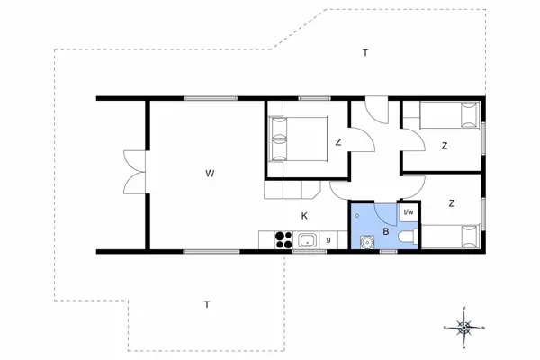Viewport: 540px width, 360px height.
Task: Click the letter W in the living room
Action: point(209,172)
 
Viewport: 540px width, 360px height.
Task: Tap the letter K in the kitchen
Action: point(304,216)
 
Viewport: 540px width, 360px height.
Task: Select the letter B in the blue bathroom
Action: point(385,231)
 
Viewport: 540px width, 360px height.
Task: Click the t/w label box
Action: point(408,212)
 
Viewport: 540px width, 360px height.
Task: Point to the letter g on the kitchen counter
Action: point(329,239)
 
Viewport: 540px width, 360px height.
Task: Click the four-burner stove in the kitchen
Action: point(283,240)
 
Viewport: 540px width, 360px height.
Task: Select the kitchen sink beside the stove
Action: point(307,240)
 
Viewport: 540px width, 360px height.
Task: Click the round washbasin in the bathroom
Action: point(366,242)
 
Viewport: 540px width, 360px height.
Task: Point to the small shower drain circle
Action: point(357,217)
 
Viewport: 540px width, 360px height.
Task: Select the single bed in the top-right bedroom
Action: point(442,116)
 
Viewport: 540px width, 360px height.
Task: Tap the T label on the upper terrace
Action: point(364,53)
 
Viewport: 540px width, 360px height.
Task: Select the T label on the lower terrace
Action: point(206,304)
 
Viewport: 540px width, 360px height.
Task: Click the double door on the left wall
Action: point(131,172)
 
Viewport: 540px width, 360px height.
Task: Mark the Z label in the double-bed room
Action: point(338,142)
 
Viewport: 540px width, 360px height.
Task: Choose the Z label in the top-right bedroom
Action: point(445,145)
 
